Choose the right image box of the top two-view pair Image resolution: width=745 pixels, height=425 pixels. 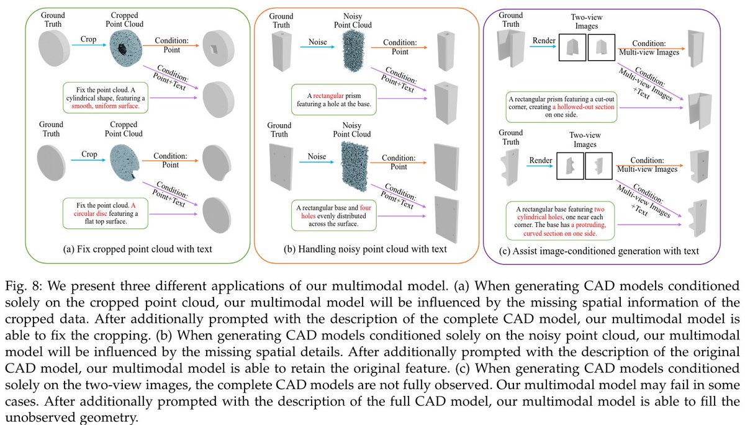coord(600,47)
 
